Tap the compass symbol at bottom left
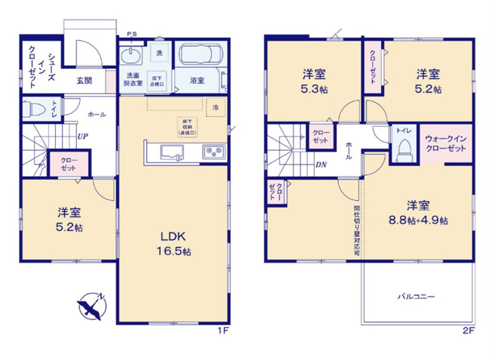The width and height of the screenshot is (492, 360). [x=91, y=306]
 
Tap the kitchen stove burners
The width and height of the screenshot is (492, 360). [x=213, y=153]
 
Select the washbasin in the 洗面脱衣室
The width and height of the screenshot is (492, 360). [x=131, y=57]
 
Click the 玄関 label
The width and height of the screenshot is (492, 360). [x=84, y=80]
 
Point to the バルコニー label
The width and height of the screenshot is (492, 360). [x=416, y=296]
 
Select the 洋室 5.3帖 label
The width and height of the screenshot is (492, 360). [x=313, y=80]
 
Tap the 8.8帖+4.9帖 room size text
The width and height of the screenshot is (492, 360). [x=417, y=220]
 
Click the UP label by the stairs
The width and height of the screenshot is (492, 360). [x=81, y=137]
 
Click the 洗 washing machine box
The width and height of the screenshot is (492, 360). [x=159, y=52]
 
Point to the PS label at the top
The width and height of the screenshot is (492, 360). [x=131, y=34]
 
